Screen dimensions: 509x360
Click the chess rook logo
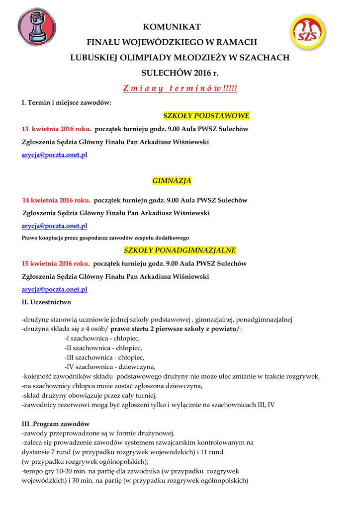[37, 27]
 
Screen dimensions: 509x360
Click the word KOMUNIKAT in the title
[172, 27]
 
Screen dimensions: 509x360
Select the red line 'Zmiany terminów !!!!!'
[180, 88]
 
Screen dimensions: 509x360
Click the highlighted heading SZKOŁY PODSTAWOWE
[206, 116]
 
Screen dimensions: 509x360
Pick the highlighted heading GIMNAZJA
[172, 180]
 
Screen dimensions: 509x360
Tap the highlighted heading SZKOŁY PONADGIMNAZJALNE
[180, 250]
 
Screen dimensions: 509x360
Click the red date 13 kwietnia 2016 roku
[56, 129]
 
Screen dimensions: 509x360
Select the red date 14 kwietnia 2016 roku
[56, 200]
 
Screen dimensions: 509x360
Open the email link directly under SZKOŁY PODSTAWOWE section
[55, 155]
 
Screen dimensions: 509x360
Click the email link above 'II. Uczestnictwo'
[55, 289]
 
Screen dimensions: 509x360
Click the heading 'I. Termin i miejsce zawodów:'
[67, 103]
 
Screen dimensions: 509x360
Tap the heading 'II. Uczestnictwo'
[46, 302]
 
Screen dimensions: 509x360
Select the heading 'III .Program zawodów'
[56, 424]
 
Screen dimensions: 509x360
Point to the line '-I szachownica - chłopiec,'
[102, 338]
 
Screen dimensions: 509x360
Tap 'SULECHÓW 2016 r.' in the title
[180, 73]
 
